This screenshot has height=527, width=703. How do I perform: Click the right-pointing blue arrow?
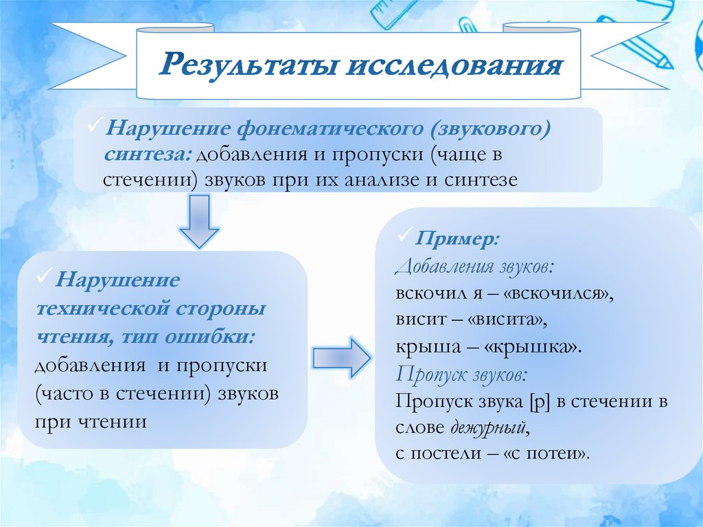coord(341,357)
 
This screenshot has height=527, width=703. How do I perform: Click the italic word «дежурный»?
coord(489,427)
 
